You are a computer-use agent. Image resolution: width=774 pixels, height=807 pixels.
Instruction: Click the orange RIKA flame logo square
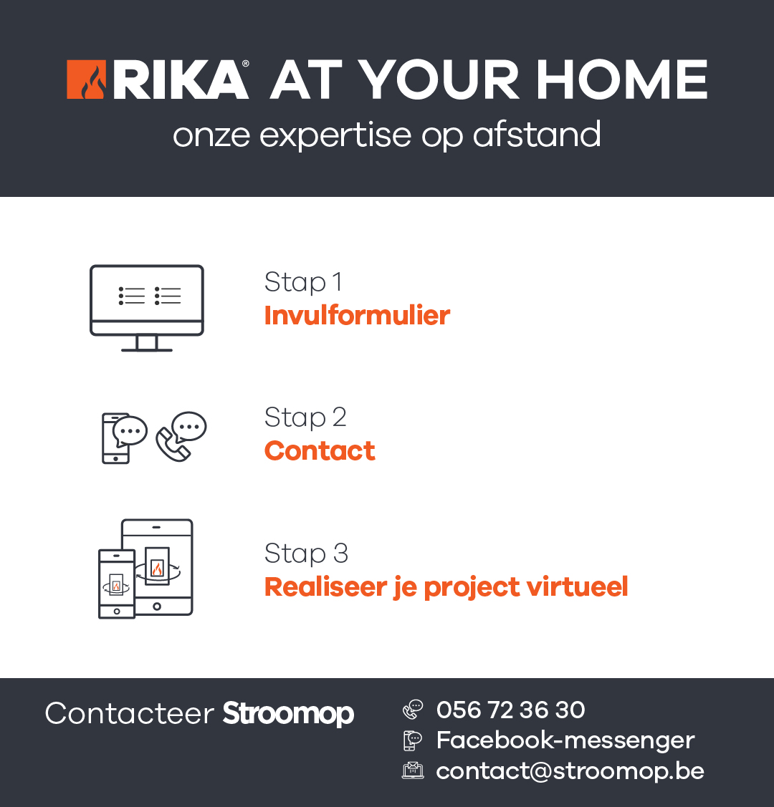coord(87,79)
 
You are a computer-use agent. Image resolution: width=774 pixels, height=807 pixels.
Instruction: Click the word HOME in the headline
coord(622,79)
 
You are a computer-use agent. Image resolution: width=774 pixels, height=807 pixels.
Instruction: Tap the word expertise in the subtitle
coord(335,136)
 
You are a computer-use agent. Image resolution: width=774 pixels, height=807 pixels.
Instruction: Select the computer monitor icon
coord(147,308)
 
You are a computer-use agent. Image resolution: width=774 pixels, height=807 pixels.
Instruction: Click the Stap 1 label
coord(303,282)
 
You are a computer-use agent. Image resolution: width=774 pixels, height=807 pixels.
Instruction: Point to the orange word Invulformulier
coord(357,315)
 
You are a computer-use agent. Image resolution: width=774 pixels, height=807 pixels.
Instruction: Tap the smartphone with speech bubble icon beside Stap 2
coord(124,438)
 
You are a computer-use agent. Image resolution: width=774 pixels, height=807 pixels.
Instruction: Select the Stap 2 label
coord(305,417)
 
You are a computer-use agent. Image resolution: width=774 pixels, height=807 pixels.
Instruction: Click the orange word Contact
coord(320,451)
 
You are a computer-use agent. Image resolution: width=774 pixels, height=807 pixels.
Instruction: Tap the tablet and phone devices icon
coord(145,569)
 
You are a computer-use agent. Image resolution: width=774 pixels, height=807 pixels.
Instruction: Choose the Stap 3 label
coord(306,554)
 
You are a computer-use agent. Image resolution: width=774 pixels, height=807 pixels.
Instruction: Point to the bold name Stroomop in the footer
coord(288,714)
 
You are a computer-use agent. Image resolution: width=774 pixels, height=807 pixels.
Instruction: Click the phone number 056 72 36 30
coord(510,710)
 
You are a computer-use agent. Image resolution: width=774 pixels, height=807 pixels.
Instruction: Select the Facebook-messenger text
coord(565,740)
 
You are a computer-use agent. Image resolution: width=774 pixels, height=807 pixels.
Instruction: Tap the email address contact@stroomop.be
coord(570,771)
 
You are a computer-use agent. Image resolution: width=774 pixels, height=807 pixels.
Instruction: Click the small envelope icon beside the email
coord(413,770)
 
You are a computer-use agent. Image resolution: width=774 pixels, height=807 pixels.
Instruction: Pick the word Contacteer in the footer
coord(129,713)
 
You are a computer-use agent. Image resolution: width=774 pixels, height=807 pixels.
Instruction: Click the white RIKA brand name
coord(180,79)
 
